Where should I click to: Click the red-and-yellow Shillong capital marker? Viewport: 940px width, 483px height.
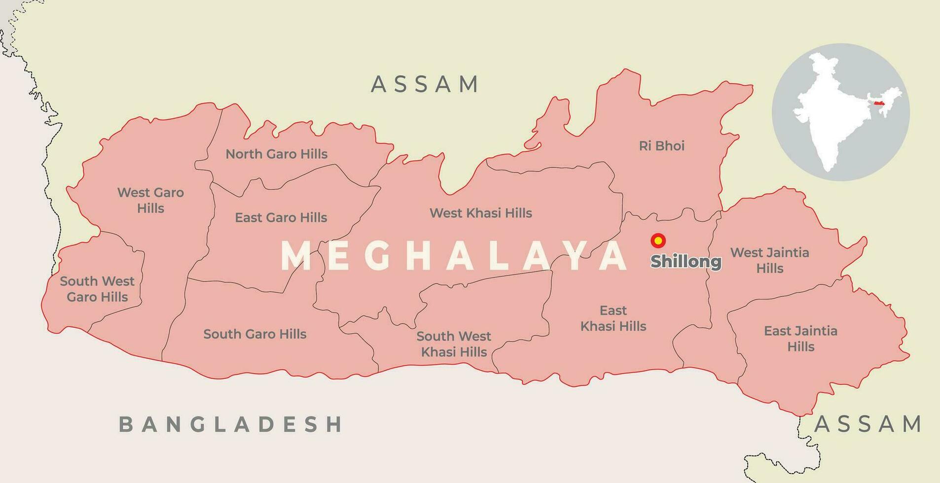(658, 241)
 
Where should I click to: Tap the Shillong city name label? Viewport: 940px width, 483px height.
(686, 262)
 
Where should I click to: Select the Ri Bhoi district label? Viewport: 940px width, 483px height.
(661, 146)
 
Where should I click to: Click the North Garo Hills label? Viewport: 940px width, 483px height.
(276, 154)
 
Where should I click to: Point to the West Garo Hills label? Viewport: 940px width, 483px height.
(150, 200)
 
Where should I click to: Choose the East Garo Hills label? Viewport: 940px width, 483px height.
(281, 217)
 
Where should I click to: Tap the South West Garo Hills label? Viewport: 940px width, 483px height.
(97, 289)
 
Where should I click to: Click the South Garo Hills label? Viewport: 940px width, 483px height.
(255, 334)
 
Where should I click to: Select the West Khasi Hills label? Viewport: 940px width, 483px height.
(480, 213)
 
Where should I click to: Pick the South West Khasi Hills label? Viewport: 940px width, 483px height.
(453, 344)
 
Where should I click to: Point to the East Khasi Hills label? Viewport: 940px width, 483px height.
(613, 318)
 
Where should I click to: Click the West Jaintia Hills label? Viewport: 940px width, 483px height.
(769, 260)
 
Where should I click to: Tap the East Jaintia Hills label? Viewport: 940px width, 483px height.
(800, 339)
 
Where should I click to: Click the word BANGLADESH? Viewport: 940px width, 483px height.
(231, 424)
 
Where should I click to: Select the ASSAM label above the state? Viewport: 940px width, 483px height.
(425, 84)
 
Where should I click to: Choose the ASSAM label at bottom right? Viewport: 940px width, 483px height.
(868, 424)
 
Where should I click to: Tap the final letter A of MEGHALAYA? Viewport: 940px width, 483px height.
(616, 256)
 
